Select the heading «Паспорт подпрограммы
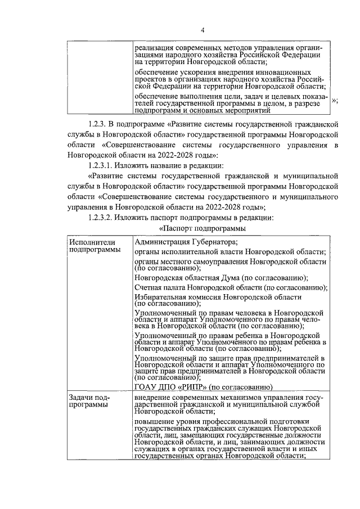pos(202,228)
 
